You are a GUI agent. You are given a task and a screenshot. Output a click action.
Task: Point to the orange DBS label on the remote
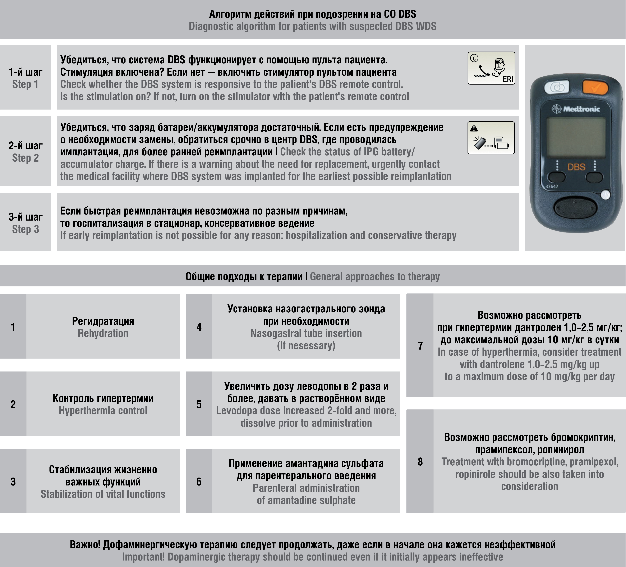(x=576, y=167)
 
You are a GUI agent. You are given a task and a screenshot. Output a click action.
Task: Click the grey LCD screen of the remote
(x=576, y=137)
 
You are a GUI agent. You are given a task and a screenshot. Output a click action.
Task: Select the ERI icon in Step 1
(x=491, y=68)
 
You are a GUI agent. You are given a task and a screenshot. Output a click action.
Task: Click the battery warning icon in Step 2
(x=491, y=138)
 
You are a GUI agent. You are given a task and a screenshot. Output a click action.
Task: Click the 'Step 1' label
(x=26, y=84)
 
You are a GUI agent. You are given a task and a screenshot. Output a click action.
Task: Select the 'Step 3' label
(x=26, y=229)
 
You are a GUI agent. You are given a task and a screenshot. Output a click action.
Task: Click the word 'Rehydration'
(x=103, y=333)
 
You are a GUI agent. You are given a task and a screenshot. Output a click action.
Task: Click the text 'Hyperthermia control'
(x=103, y=410)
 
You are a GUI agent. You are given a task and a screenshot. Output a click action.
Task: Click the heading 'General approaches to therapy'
(x=375, y=276)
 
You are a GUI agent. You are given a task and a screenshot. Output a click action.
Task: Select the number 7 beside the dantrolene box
(x=420, y=346)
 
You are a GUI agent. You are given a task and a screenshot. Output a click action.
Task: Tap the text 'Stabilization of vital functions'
(x=103, y=494)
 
